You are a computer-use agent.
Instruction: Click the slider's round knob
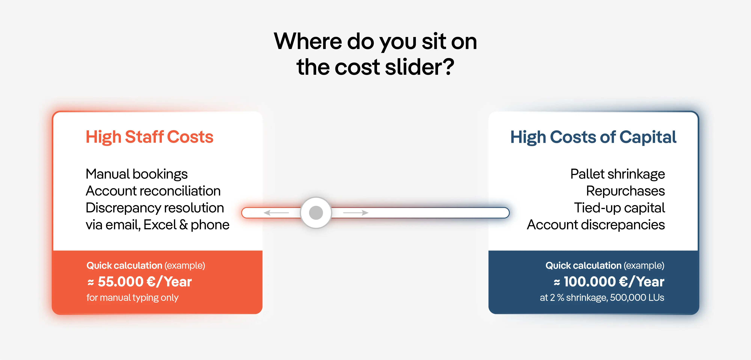(x=316, y=213)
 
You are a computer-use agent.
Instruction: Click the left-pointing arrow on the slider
(x=276, y=213)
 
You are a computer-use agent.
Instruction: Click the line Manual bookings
(x=136, y=174)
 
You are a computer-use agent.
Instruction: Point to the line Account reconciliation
(x=153, y=191)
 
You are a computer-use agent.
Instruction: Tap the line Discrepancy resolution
(x=155, y=208)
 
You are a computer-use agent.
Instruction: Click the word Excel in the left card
(x=160, y=225)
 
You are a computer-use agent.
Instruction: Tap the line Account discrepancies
(x=596, y=225)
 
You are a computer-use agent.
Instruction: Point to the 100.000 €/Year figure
(x=614, y=282)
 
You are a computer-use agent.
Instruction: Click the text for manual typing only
(x=132, y=298)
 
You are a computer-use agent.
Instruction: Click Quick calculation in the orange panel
(x=124, y=266)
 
